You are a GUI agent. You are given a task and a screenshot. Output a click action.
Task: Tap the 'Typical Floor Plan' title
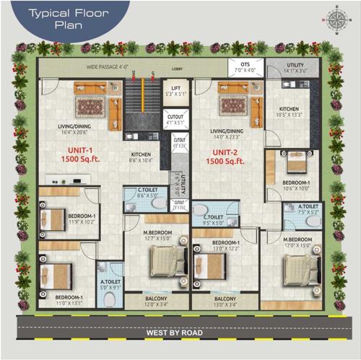point(64,18)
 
